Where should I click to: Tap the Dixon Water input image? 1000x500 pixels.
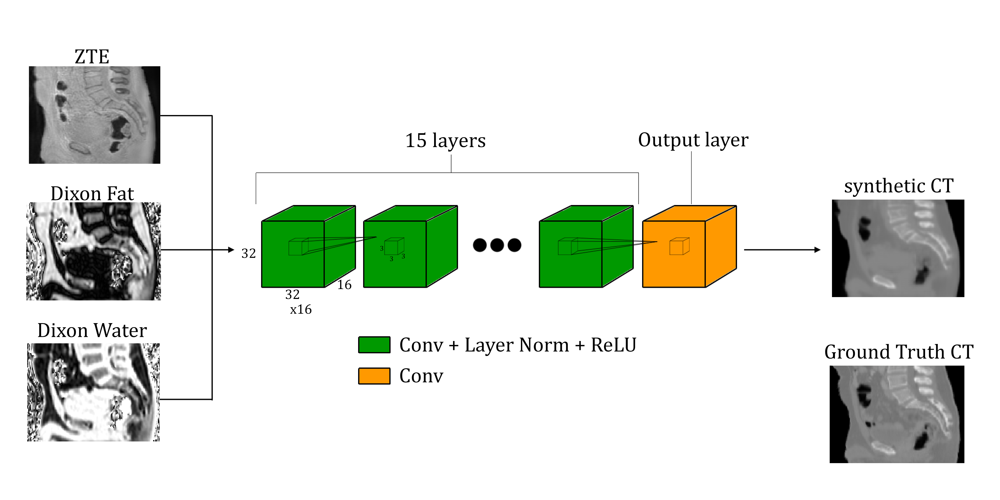point(93,392)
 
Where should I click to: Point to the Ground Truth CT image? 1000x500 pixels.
point(897,414)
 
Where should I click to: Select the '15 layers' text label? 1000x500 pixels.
point(445,141)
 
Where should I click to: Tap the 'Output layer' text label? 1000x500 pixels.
point(693,140)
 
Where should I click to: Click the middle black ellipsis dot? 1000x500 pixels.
point(497,245)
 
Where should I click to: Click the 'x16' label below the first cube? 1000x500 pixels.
point(301,310)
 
